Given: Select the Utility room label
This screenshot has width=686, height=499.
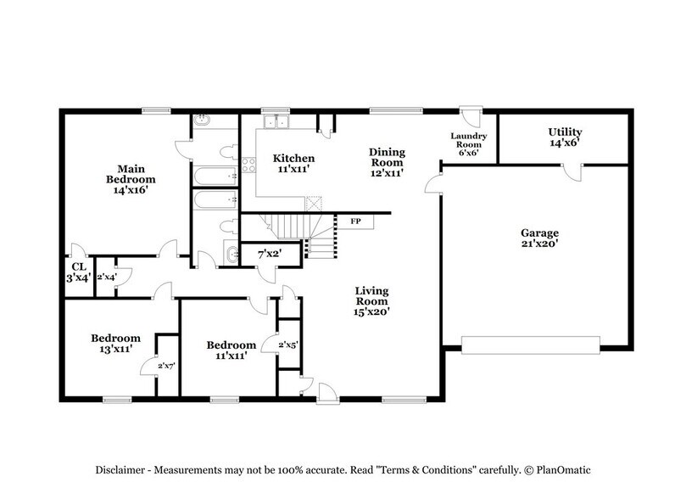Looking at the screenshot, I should pyautogui.click(x=564, y=138).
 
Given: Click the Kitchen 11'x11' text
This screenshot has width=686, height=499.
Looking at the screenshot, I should pyautogui.click(x=293, y=164).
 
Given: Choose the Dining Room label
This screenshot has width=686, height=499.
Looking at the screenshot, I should pyautogui.click(x=387, y=162).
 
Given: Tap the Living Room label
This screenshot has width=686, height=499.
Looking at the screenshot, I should pyautogui.click(x=371, y=300).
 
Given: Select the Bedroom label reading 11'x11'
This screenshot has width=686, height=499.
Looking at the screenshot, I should pyautogui.click(x=231, y=350).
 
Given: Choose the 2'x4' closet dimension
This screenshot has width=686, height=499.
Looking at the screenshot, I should pyautogui.click(x=107, y=276).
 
